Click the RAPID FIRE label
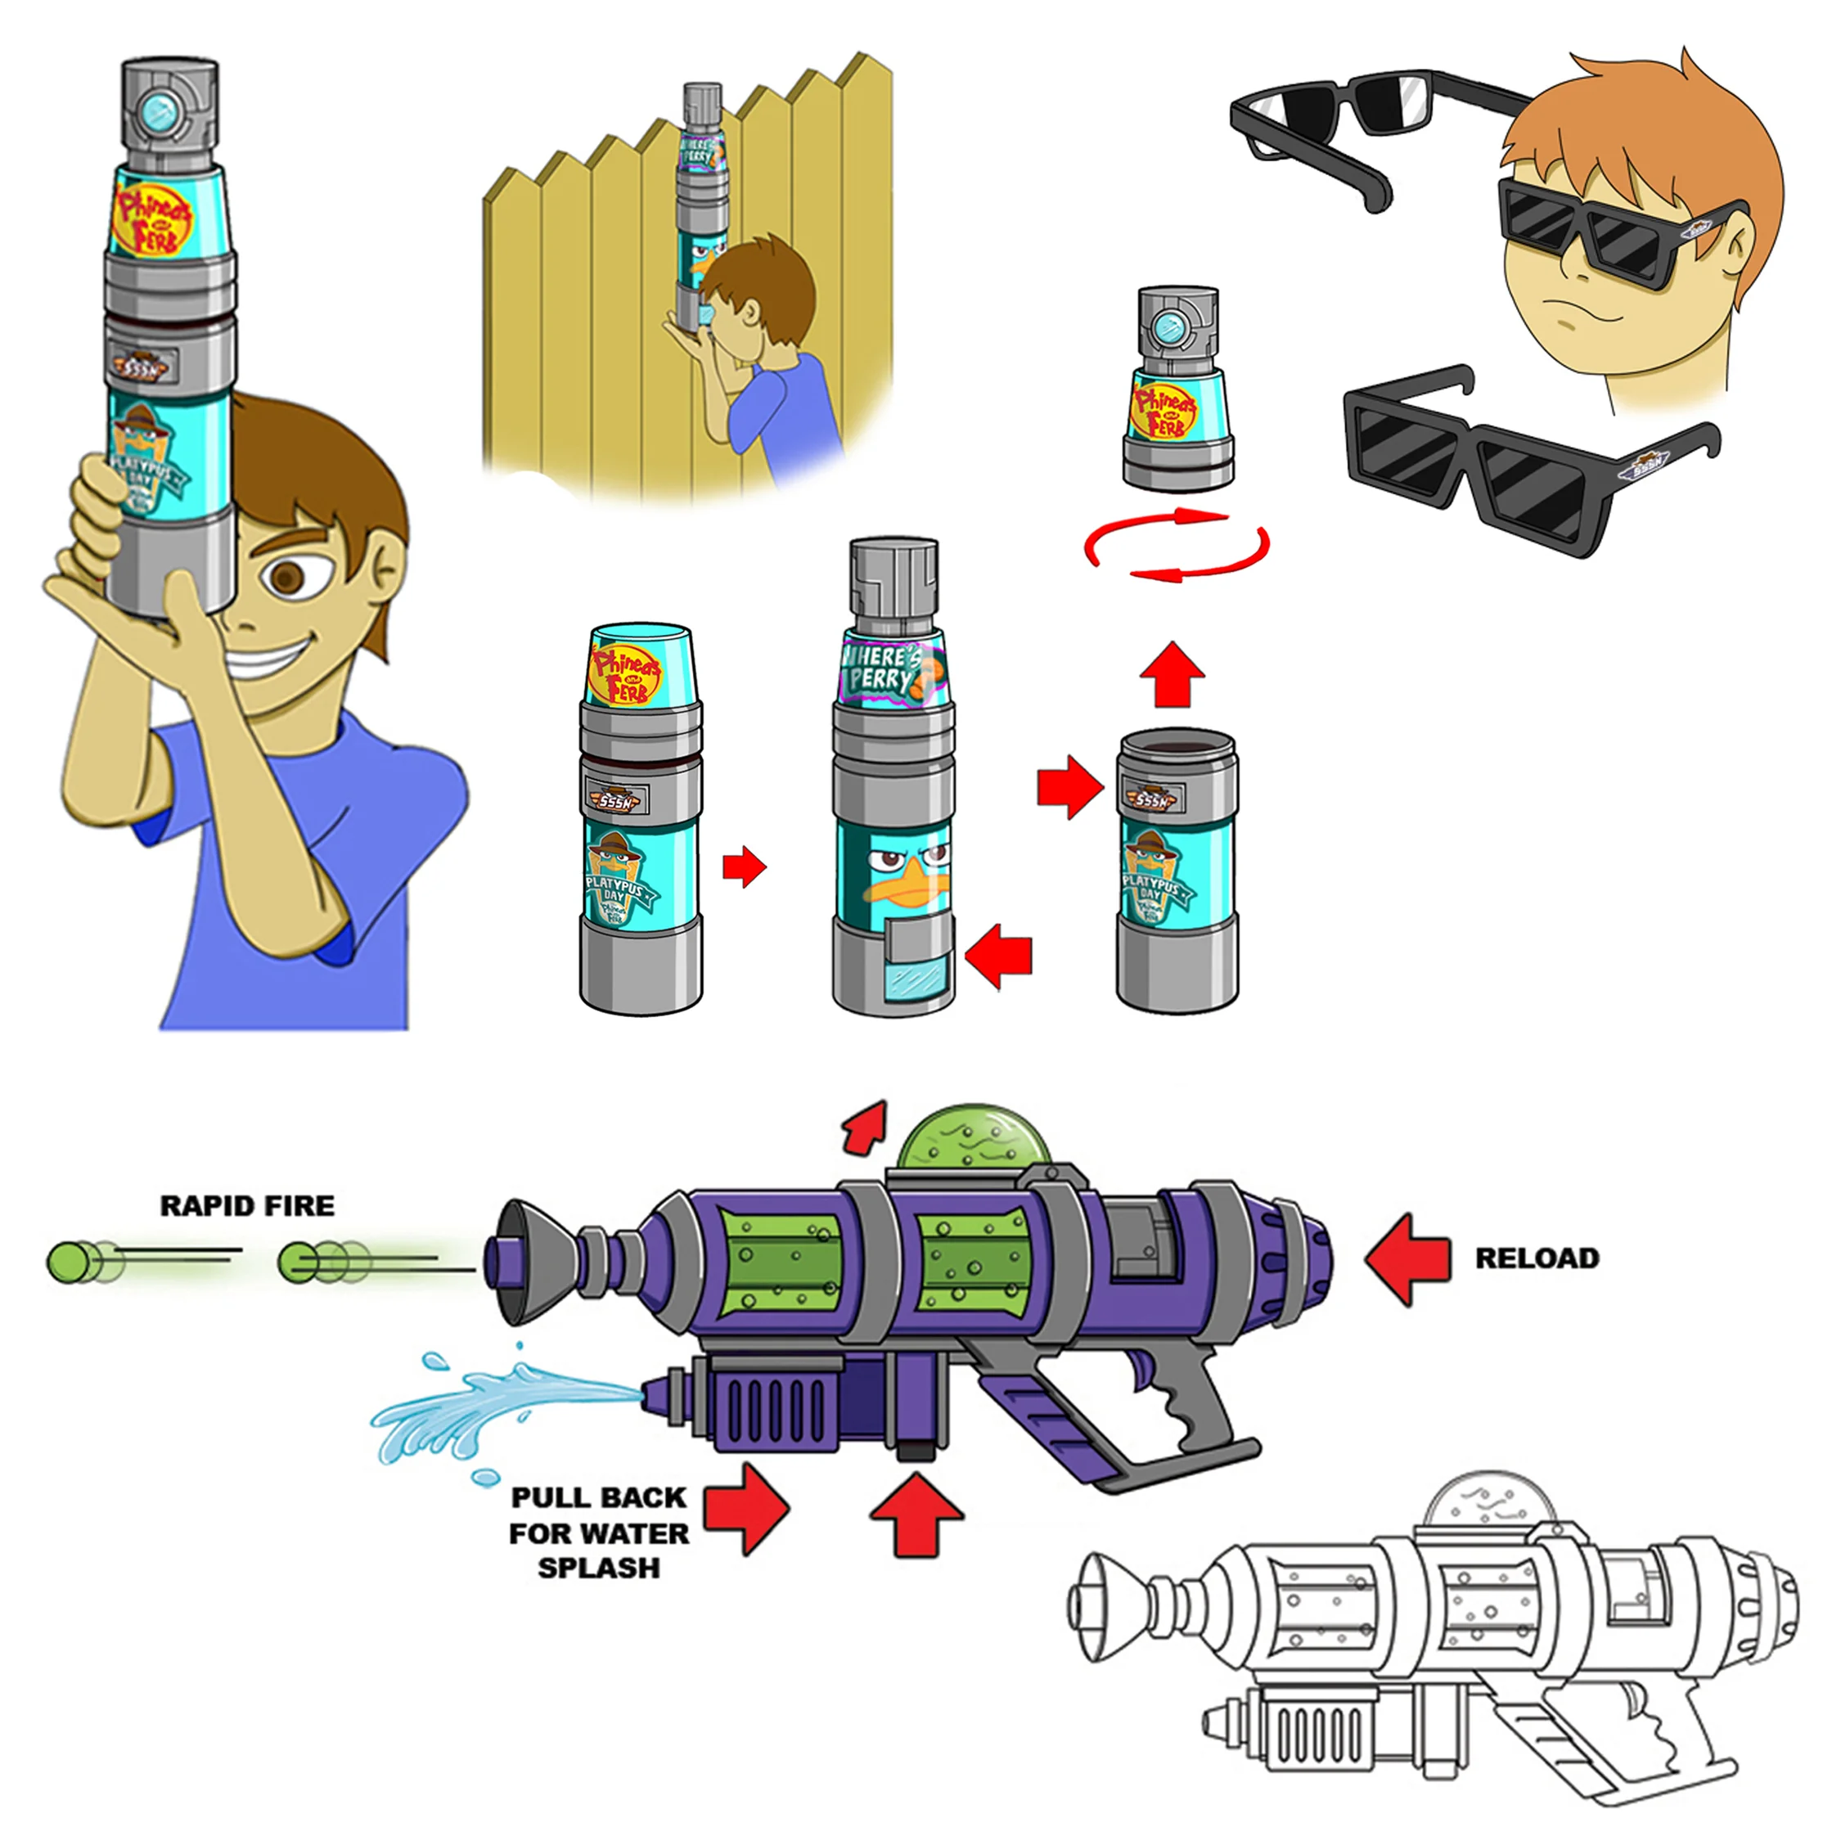pyautogui.click(x=247, y=1206)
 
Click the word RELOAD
pyautogui.click(x=1536, y=1258)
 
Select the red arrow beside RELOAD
pyautogui.click(x=1407, y=1258)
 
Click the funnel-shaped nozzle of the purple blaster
pyautogui.click(x=537, y=1260)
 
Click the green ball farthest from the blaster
pyautogui.click(x=69, y=1263)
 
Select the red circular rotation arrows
pyautogui.click(x=1177, y=545)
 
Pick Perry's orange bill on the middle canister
pyautogui.click(x=905, y=889)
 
